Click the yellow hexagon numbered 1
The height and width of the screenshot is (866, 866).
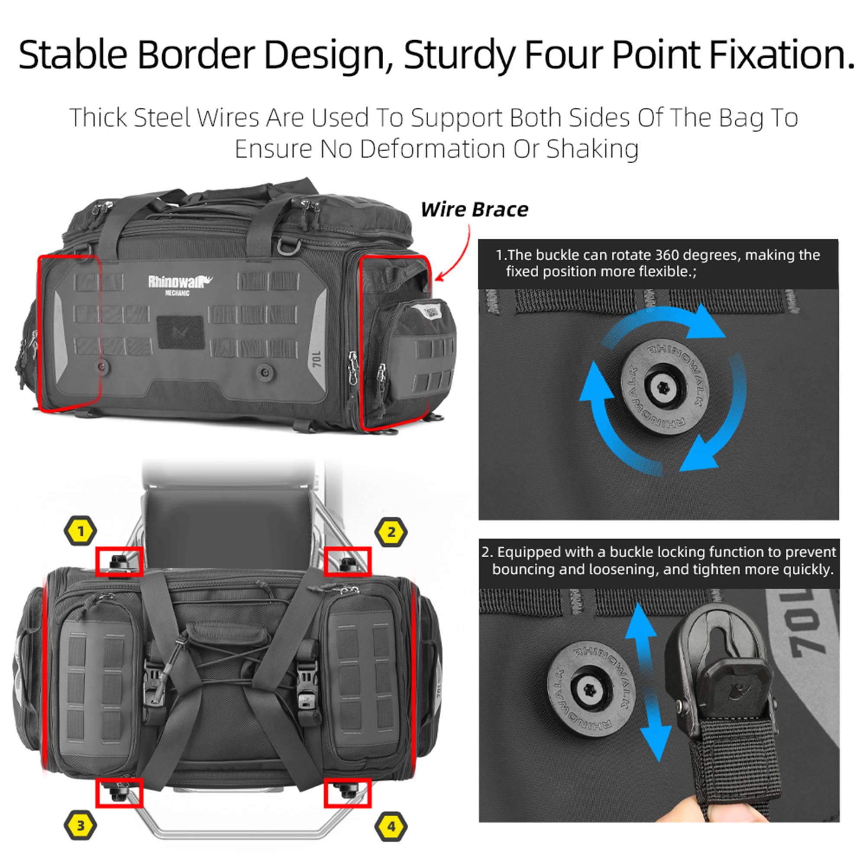pos(81,532)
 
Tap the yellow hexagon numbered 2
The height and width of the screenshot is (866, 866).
pos(391,532)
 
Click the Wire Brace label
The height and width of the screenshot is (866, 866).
pos(474,210)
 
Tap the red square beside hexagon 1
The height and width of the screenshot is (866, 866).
pos(119,561)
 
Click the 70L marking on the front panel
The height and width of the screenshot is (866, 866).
pos(317,359)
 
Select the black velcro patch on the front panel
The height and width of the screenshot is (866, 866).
pos(181,332)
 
